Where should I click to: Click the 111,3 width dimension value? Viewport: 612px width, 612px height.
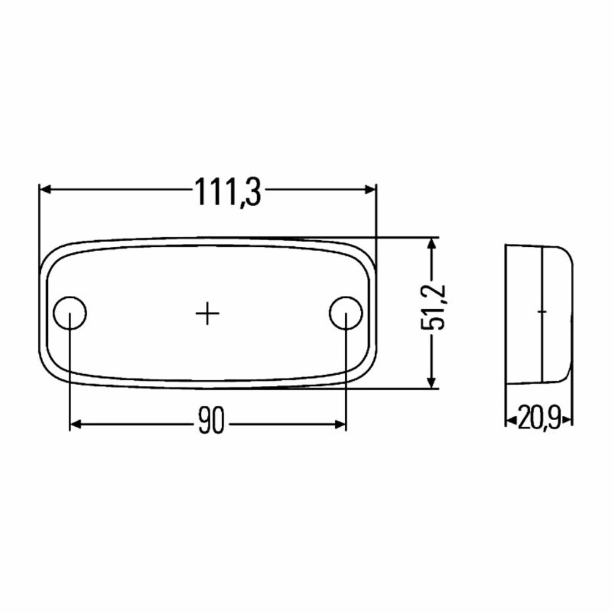click(x=228, y=192)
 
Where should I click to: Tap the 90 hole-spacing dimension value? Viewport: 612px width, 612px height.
click(x=211, y=420)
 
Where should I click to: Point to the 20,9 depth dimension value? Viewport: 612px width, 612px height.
click(x=539, y=417)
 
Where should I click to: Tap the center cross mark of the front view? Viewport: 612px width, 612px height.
click(x=207, y=313)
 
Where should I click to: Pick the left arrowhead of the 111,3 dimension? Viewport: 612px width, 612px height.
click(x=45, y=189)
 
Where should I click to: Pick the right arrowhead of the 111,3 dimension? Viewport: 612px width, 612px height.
click(x=370, y=189)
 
